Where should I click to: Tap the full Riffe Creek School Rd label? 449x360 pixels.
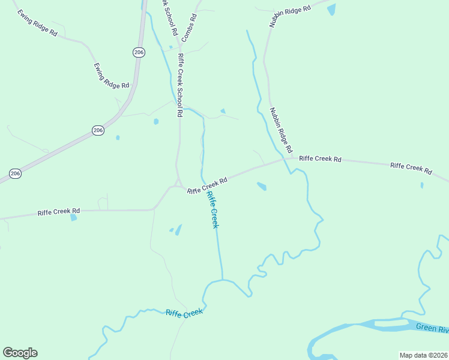tap(179, 85)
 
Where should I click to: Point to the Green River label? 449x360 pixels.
tap(432, 329)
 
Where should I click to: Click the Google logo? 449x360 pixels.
tap(20, 353)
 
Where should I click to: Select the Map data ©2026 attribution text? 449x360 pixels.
tap(424, 355)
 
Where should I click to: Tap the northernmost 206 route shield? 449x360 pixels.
tap(139, 53)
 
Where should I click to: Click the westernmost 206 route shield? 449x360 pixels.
tap(16, 173)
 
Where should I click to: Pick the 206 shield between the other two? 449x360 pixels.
tap(98, 130)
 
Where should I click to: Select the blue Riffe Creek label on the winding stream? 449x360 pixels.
tap(184, 313)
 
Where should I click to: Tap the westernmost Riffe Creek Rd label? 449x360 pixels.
tap(59, 212)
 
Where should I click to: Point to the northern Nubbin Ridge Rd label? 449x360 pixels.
tap(290, 17)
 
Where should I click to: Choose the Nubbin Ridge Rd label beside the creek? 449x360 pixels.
tap(280, 130)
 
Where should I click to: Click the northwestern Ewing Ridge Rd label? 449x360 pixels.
tap(37, 23)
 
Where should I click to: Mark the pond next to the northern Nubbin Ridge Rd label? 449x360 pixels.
tap(331, 10)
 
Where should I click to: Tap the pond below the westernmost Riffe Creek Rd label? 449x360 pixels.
tap(73, 218)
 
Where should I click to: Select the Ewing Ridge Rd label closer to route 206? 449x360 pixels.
tap(112, 76)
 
